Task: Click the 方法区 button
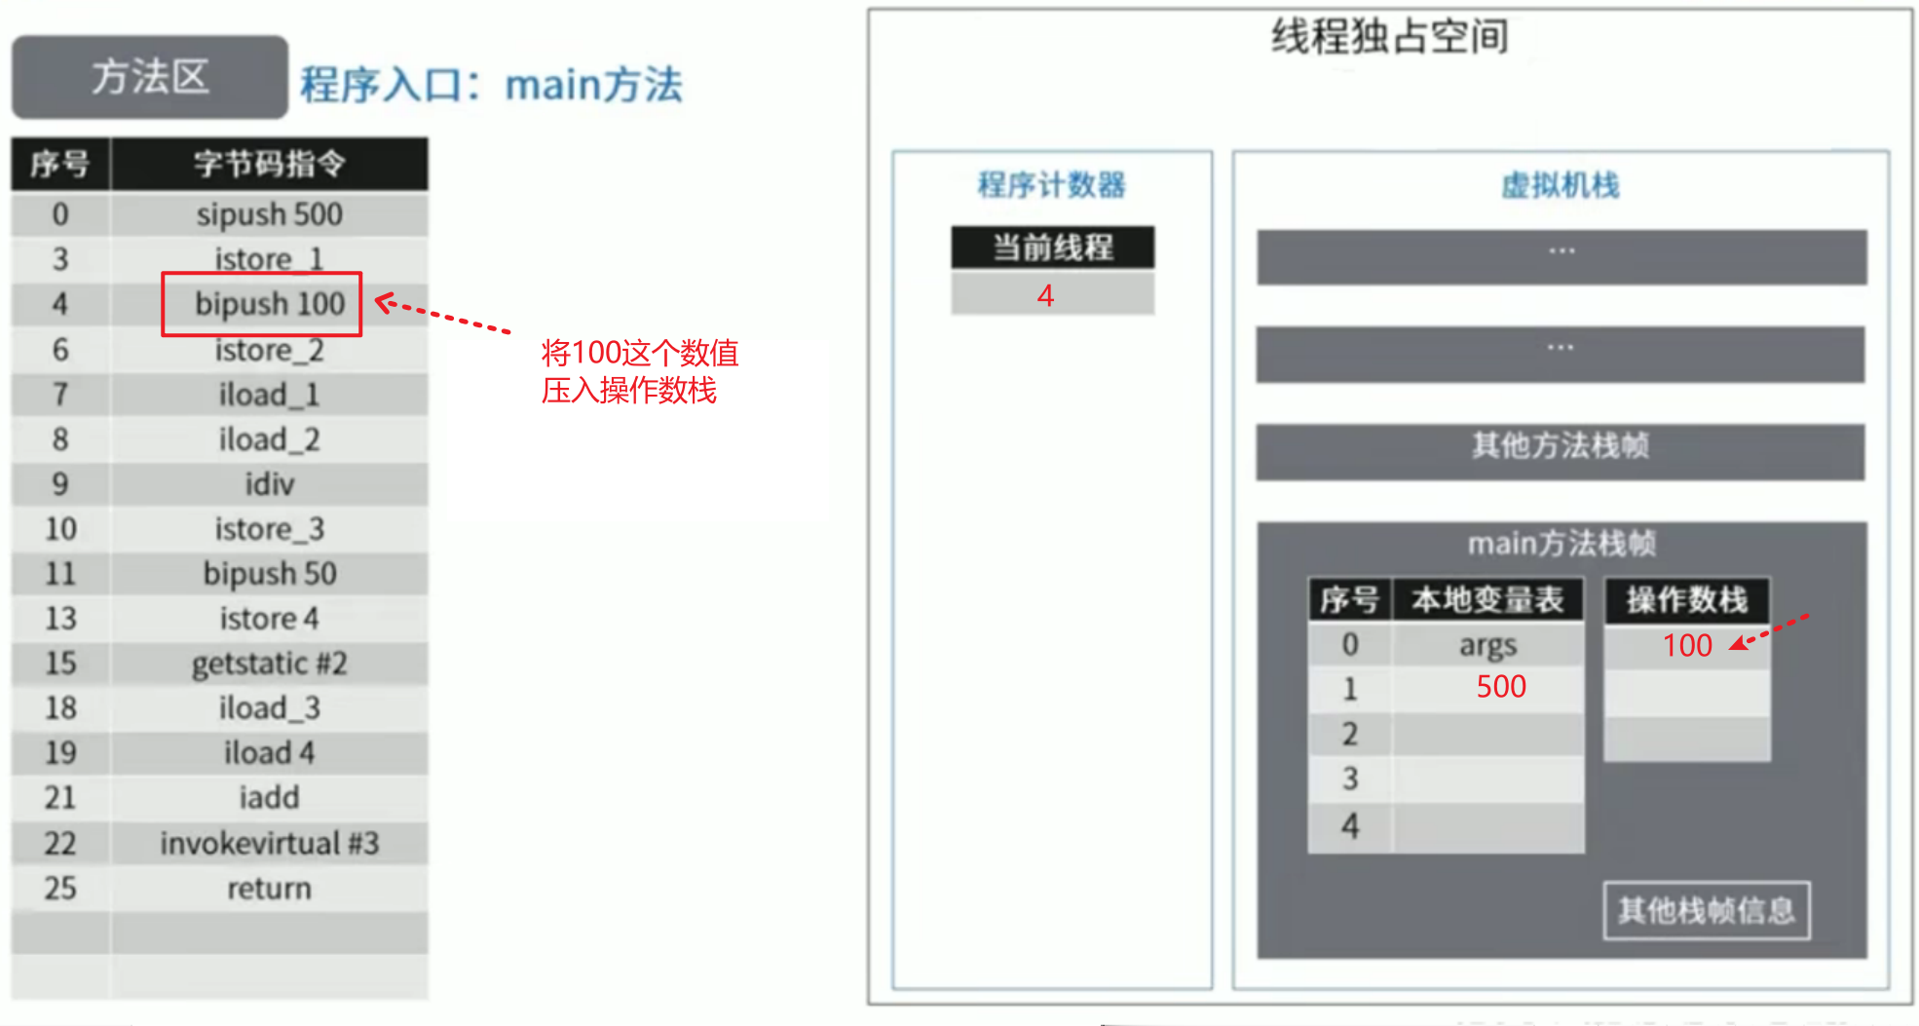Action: [150, 77]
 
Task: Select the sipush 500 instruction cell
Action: [269, 214]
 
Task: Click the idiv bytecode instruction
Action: [269, 484]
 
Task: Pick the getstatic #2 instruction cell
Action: [269, 664]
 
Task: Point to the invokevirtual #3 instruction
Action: [269, 843]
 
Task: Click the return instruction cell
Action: [269, 889]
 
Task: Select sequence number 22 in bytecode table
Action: [60, 843]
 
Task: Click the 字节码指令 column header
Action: [269, 164]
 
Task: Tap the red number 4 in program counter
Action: [1045, 295]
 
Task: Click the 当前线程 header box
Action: [1053, 247]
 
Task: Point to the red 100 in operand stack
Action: [1687, 645]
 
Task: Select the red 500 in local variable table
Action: [1501, 687]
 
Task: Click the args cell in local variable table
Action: [1487, 645]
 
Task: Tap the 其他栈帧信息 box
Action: [1707, 911]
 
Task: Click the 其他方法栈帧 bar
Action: [1561, 452]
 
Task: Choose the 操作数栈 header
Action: [1687, 600]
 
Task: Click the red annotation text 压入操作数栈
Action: [629, 391]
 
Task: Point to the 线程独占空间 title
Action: [1390, 37]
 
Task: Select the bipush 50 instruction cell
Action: [269, 574]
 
